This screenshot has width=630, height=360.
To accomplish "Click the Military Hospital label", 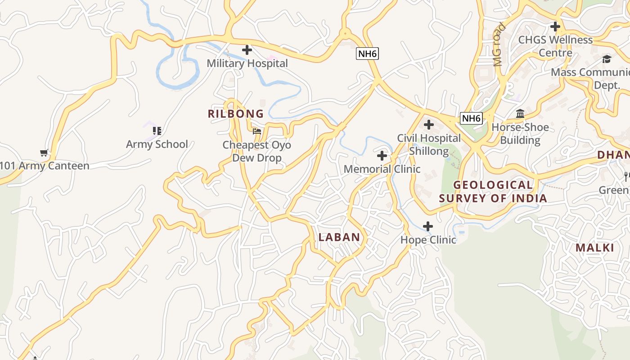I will (x=247, y=63).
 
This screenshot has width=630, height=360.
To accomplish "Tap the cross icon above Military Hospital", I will (x=247, y=50).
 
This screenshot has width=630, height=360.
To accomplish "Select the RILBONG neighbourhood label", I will (x=236, y=114).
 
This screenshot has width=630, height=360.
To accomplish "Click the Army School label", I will (x=157, y=144).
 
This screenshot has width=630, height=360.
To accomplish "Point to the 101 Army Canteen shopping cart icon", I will (x=44, y=153).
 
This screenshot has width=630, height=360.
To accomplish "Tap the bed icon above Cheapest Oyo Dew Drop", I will (x=257, y=131).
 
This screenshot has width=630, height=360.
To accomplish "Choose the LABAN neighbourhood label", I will (x=339, y=237).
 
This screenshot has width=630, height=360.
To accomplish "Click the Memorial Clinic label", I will (x=382, y=169).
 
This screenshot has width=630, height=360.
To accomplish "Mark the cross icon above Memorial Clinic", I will (x=382, y=156).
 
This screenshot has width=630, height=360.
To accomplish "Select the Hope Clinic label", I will (x=428, y=240).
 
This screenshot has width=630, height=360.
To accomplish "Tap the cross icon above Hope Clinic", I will (x=428, y=226).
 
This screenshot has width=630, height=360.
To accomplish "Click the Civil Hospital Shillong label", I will (x=429, y=144).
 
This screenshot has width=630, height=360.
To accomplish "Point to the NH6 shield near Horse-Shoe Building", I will (x=471, y=118).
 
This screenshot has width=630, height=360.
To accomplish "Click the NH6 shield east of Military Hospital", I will (x=367, y=54).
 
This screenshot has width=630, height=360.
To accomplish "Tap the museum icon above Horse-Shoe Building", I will (x=520, y=113).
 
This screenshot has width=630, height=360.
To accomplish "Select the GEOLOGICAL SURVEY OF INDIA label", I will (x=493, y=192).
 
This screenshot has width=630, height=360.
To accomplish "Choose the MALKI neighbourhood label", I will (x=595, y=247).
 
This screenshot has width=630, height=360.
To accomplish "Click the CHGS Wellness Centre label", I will (x=555, y=46).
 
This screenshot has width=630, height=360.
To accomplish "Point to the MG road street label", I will (x=499, y=45).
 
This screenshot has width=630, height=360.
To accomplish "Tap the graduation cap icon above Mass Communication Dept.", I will (x=607, y=59).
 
